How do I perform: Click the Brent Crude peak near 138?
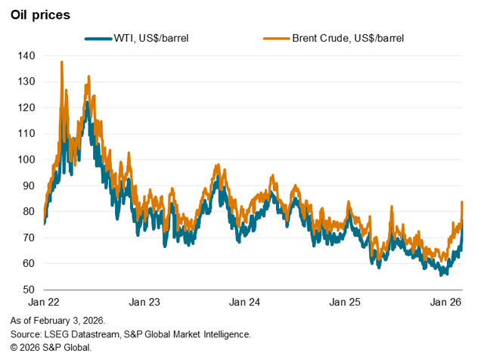(61, 62)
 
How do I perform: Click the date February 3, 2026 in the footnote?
(76, 320)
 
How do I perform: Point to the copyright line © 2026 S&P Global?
(51, 347)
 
